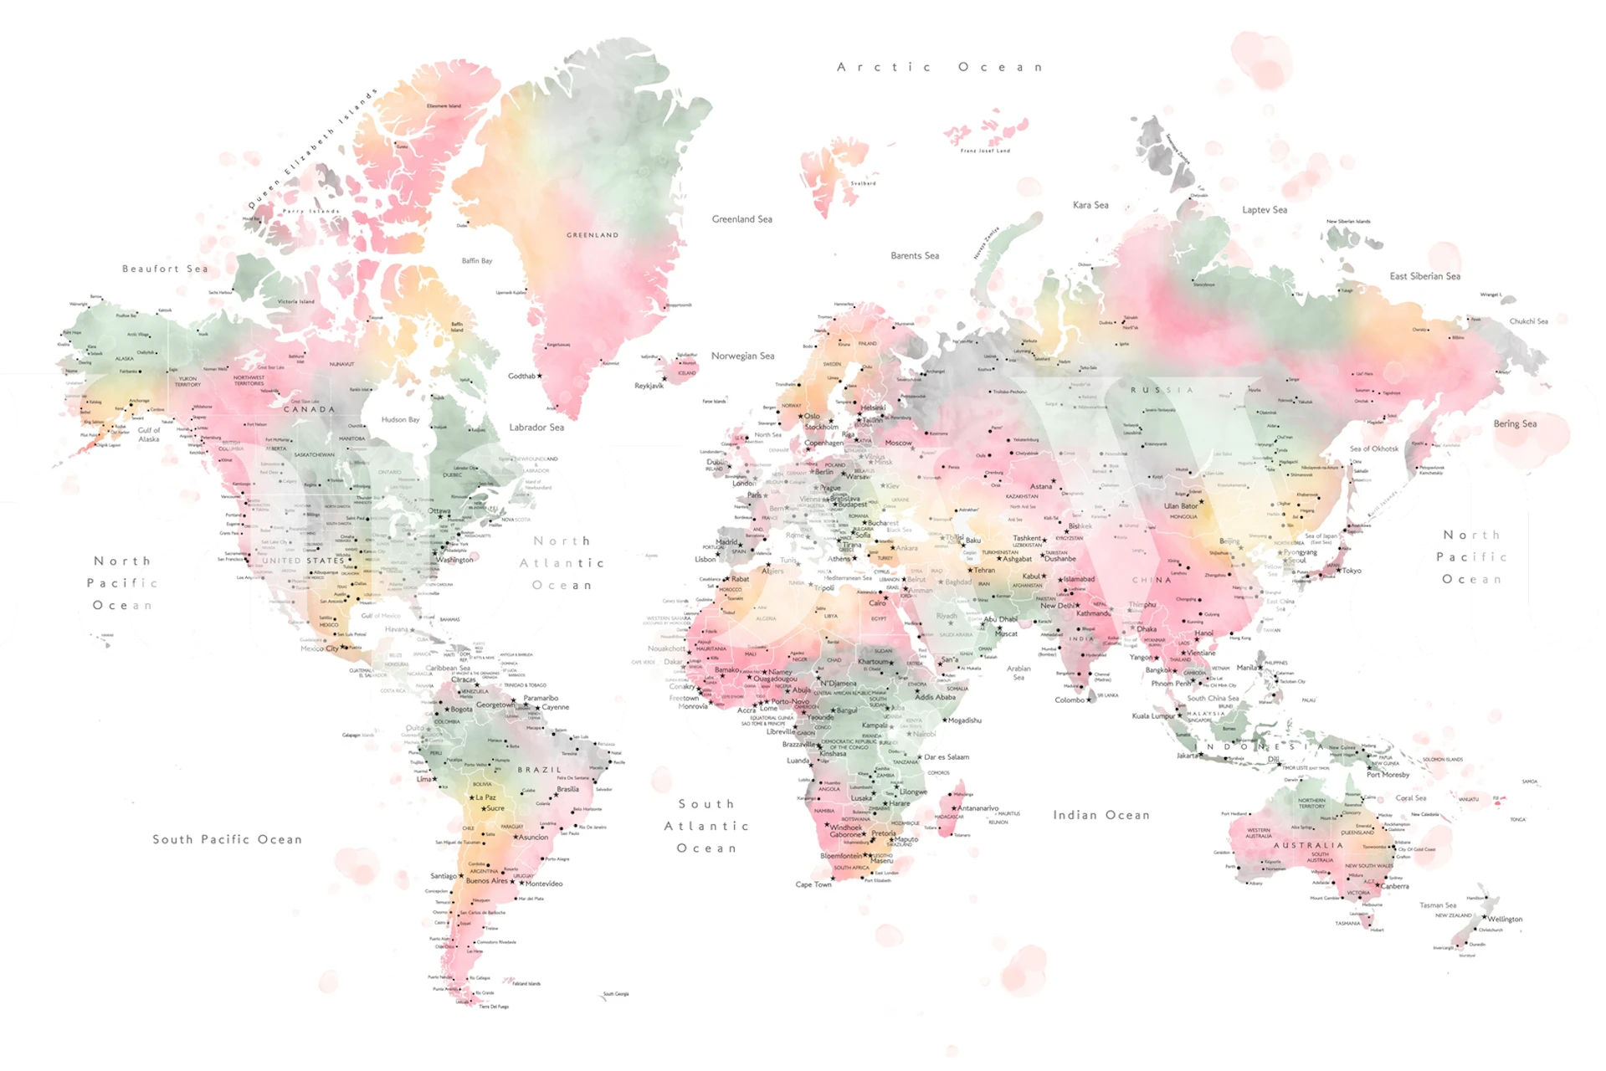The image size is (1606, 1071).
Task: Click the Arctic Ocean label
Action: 939,67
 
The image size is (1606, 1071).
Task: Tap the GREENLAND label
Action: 593,235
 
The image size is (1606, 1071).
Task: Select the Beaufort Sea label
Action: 165,269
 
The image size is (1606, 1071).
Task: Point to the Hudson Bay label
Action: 400,419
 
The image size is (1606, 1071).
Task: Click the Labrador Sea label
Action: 536,428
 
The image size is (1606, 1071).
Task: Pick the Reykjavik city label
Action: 649,386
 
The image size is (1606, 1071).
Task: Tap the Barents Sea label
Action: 914,256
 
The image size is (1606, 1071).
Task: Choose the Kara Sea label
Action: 1090,205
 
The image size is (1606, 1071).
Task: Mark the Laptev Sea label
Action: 1264,210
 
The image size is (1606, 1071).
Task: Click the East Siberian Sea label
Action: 1424,276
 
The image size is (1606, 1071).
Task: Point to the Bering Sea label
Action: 1515,423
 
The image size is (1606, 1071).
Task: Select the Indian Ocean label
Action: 1101,815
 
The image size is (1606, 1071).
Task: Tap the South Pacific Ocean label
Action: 227,839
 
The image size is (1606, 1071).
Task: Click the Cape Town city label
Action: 813,884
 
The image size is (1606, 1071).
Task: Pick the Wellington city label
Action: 1505,919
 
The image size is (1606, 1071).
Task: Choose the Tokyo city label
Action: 1351,571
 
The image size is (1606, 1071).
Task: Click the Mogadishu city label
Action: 964,720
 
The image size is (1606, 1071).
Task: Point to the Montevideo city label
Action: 544,884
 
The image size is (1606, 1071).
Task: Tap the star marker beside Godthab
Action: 540,376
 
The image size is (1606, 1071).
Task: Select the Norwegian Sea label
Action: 742,356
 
